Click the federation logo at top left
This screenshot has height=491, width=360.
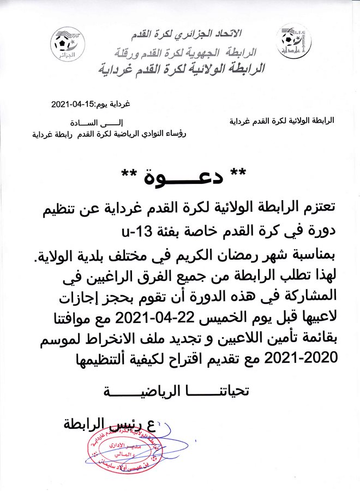click(x=68, y=43)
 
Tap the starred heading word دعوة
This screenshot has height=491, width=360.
click(x=183, y=176)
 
